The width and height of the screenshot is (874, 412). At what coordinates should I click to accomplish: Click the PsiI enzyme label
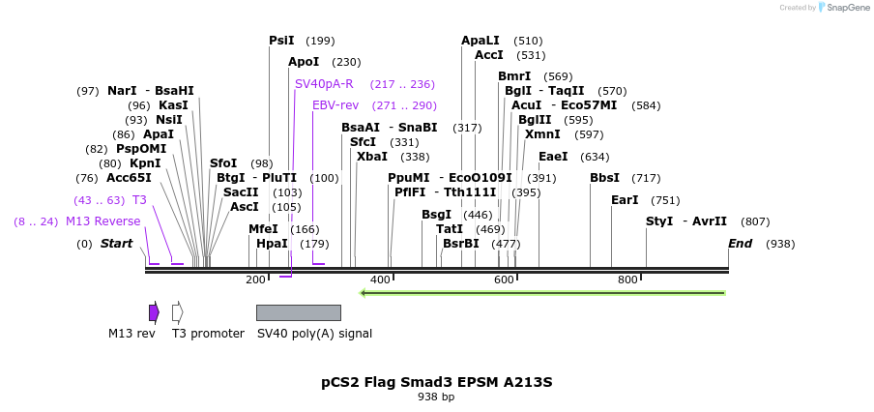click(x=281, y=41)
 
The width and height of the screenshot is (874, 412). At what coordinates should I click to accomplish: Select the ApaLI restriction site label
click(x=481, y=41)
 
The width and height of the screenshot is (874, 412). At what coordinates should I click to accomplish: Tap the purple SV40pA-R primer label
click(x=324, y=84)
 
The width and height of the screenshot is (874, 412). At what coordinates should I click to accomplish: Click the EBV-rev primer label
click(x=335, y=105)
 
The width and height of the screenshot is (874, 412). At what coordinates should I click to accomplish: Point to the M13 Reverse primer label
click(x=102, y=221)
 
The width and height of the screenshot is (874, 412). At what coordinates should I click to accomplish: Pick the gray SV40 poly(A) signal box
click(x=298, y=312)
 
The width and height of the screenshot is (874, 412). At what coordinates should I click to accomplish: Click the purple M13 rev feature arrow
click(x=154, y=312)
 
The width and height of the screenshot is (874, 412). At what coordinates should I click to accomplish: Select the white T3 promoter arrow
click(x=177, y=312)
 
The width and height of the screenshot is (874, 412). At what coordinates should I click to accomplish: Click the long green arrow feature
click(x=541, y=292)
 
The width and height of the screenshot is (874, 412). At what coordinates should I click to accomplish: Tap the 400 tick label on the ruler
click(x=380, y=280)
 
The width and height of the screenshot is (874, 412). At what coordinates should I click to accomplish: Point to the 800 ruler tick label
click(x=627, y=280)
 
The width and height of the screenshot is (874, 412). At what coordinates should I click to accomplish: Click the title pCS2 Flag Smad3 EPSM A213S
click(x=437, y=382)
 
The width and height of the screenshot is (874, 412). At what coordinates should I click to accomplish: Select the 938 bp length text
click(x=436, y=397)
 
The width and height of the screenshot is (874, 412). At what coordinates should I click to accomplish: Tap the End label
click(x=741, y=244)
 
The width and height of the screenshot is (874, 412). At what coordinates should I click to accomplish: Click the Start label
click(x=116, y=244)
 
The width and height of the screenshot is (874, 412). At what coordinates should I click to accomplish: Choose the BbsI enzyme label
click(x=605, y=178)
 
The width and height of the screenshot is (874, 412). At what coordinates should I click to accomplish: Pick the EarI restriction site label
click(x=625, y=200)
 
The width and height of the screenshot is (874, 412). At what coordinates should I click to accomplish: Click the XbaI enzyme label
click(x=372, y=157)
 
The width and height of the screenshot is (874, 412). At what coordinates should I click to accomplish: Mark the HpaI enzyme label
click(x=272, y=244)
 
